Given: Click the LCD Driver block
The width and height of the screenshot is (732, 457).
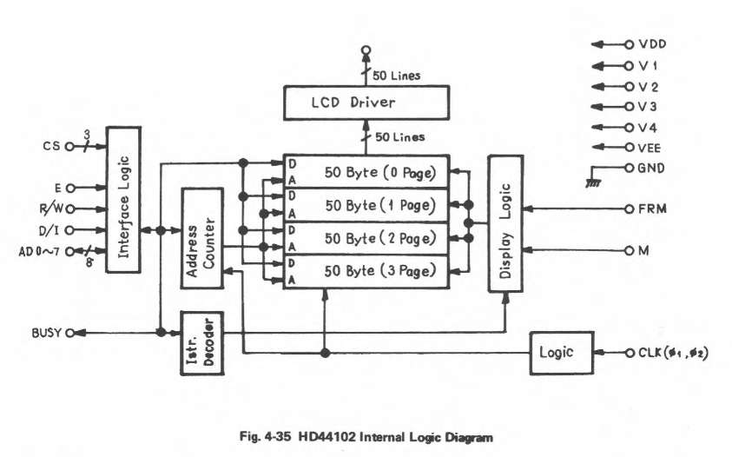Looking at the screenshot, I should point(366,103).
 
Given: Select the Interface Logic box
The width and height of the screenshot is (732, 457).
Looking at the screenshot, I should point(123,199).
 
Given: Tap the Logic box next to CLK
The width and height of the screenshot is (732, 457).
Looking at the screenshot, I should point(562,354).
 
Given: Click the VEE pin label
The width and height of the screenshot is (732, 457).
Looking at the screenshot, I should point(651,147).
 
